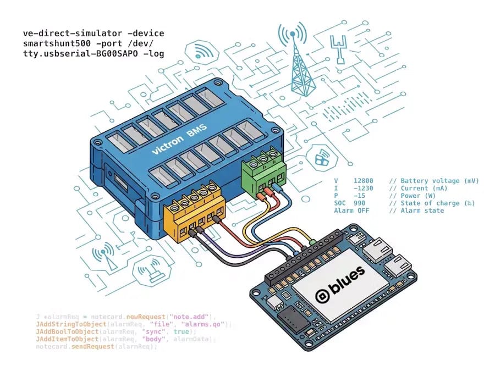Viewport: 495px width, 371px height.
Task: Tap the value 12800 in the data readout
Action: (364, 181)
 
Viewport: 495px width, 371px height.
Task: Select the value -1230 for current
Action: (364, 189)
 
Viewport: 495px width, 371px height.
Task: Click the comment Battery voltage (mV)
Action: (434, 181)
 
